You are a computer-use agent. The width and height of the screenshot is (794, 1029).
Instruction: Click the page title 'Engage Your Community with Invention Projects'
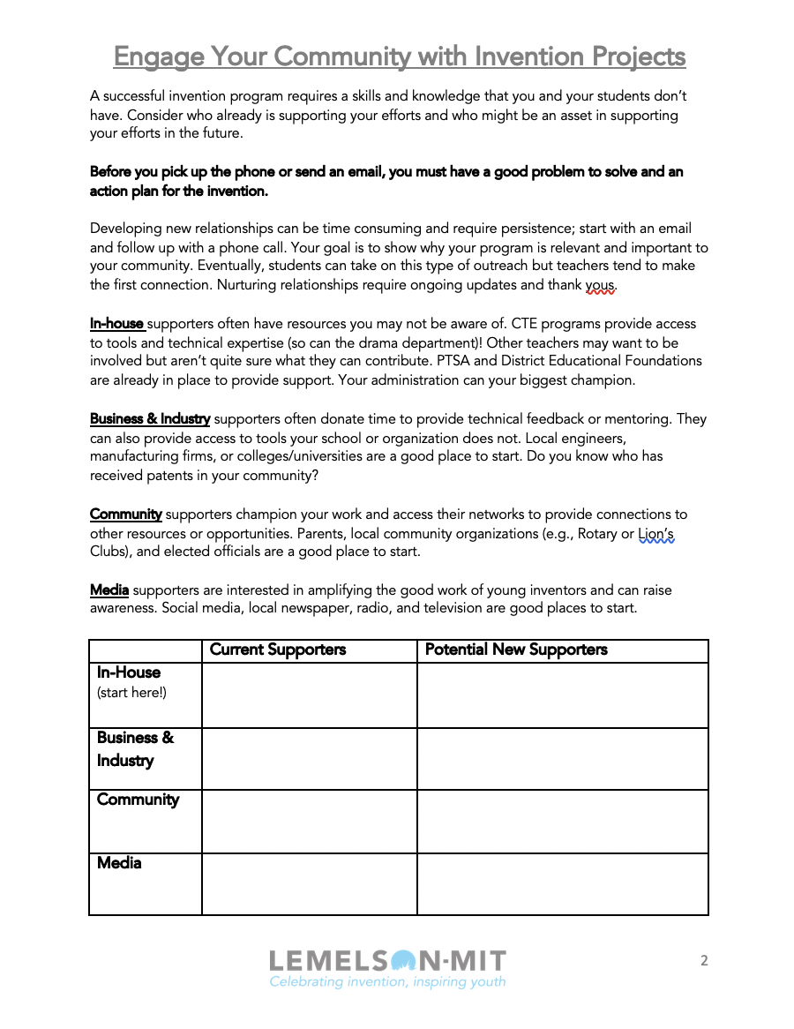(399, 56)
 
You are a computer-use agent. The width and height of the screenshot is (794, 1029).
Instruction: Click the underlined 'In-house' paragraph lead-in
(116, 324)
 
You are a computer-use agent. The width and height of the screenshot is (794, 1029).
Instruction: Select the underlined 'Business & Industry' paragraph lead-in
(150, 419)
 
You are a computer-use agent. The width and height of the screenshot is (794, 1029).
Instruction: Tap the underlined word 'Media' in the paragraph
(109, 590)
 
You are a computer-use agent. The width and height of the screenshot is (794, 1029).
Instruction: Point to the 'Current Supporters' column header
(278, 650)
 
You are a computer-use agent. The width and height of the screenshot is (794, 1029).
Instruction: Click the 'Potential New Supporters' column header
(516, 650)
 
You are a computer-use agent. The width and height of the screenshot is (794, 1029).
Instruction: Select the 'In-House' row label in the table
(129, 672)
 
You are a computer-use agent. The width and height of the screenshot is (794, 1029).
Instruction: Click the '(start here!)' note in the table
(131, 693)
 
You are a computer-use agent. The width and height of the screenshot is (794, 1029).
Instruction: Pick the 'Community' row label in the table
(138, 800)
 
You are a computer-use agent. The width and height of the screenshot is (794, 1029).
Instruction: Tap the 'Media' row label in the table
(119, 863)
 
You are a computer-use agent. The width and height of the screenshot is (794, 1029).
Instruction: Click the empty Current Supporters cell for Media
(309, 884)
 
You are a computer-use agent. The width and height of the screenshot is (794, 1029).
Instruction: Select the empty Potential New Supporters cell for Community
(562, 822)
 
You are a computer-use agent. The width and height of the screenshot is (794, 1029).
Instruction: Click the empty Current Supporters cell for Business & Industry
(309, 759)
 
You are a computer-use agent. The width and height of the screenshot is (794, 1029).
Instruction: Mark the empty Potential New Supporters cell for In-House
(562, 695)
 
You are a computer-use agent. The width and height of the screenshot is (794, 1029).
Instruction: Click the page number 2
(704, 961)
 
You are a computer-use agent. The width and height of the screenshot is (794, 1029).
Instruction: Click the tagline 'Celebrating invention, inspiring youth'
(387, 982)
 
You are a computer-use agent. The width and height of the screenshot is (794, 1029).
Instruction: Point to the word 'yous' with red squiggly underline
(602, 285)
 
